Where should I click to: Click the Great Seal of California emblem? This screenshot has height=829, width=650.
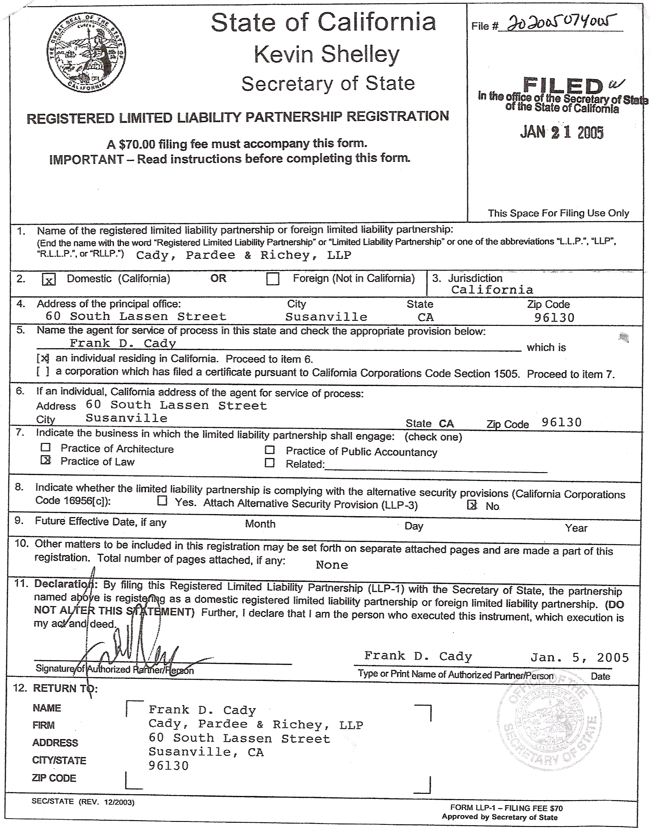[87, 53]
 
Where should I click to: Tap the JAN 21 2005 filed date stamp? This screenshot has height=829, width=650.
[561, 133]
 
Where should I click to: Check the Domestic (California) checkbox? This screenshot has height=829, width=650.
[49, 279]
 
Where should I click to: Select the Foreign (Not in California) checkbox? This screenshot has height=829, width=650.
[273, 279]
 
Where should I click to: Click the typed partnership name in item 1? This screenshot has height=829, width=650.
[243, 255]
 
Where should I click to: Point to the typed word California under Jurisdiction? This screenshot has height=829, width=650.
[492, 290]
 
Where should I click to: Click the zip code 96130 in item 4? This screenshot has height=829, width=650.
[554, 317]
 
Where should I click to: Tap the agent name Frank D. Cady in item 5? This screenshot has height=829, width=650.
[122, 343]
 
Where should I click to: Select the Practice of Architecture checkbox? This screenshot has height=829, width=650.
[46, 448]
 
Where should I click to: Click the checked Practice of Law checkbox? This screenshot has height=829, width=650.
[46, 461]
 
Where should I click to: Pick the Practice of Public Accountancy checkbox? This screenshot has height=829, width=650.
[270, 450]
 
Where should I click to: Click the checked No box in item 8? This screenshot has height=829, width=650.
[472, 505]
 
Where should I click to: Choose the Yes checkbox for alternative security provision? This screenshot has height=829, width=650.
[162, 501]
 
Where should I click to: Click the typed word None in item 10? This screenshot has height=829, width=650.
[332, 565]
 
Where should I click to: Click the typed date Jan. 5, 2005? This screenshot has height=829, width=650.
[579, 658]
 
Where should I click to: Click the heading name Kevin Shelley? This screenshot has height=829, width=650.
[326, 54]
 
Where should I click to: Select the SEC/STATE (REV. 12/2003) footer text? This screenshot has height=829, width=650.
[83, 802]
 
